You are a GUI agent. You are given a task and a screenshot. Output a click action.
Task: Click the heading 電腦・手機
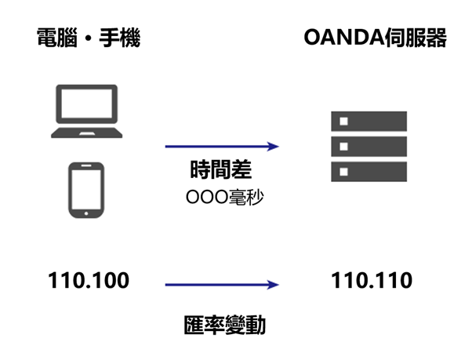[89, 38]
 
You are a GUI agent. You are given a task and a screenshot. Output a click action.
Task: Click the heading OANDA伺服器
[375, 38]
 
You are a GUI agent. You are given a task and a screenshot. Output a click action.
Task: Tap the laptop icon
[87, 111]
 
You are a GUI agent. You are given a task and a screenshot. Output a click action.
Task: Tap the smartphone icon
[86, 190]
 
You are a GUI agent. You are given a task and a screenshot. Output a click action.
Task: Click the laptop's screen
[87, 104]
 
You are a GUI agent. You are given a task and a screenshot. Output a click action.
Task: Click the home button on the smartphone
[86, 213]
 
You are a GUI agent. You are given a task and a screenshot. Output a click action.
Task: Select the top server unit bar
[369, 121]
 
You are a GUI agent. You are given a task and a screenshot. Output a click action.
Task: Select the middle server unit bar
[369, 147]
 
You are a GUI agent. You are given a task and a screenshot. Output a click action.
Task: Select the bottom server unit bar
[369, 172]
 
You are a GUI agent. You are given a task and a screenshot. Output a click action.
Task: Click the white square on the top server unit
[343, 122]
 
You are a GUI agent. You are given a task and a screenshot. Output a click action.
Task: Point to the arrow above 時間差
[222, 147]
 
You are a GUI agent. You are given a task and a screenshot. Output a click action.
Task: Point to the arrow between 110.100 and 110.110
[222, 285]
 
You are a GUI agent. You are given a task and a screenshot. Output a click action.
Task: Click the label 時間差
[221, 169]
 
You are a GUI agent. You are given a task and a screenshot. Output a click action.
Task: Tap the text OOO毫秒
[224, 198]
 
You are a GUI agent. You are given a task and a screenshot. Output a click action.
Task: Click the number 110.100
[89, 280]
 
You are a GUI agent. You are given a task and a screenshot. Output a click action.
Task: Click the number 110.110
[372, 280]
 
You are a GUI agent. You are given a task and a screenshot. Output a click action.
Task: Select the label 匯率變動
[224, 325]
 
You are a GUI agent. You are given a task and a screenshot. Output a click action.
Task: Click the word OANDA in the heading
[344, 38]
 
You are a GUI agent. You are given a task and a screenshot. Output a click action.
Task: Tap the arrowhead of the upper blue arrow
[274, 147]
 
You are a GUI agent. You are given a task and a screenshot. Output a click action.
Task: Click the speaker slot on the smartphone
[86, 165]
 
